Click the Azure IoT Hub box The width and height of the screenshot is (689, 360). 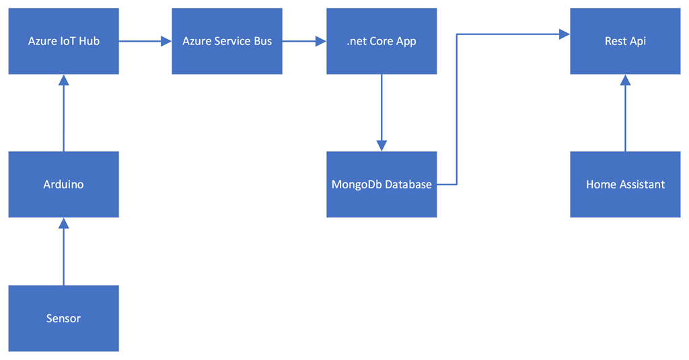64,41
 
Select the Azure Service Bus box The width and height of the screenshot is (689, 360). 227,41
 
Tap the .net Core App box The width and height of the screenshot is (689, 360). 382,41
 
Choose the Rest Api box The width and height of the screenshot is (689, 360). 625,41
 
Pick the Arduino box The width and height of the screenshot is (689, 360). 64,184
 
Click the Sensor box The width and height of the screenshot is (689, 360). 64,318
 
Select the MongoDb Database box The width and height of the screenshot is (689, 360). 382,184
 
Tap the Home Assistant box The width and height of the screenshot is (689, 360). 625,184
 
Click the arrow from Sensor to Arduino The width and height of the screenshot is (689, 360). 64,252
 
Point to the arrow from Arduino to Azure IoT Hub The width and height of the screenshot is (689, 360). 64,114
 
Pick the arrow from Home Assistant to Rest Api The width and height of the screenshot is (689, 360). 625,114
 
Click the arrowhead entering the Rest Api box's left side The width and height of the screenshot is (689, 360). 565,34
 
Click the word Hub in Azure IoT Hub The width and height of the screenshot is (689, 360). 90,41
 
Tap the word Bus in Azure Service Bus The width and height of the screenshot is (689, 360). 263,41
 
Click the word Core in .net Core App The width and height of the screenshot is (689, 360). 382,41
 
